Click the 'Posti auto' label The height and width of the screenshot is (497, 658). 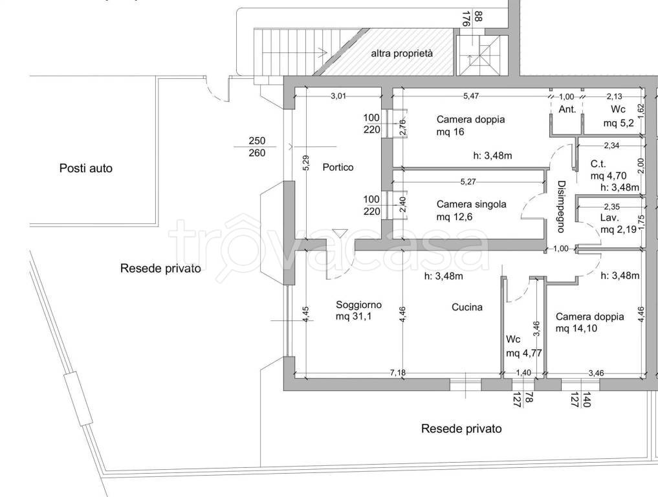[86, 168]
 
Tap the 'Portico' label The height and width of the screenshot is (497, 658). [338, 168]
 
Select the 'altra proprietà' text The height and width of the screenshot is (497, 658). [401, 54]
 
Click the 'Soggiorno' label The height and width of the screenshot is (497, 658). [358, 305]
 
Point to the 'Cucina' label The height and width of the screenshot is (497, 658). [467, 307]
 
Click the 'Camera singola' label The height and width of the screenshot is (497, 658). [471, 204]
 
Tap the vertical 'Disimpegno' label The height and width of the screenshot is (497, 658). [561, 206]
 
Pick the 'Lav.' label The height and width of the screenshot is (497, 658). [609, 217]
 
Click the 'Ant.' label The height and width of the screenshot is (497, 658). [567, 109]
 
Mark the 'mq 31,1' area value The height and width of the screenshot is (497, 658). [355, 317]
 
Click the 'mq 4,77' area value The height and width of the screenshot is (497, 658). [524, 353]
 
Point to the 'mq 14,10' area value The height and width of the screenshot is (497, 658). [579, 329]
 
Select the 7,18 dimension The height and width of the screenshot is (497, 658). [397, 372]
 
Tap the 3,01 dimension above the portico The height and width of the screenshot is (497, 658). [339, 96]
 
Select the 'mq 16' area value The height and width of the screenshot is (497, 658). [451, 132]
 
